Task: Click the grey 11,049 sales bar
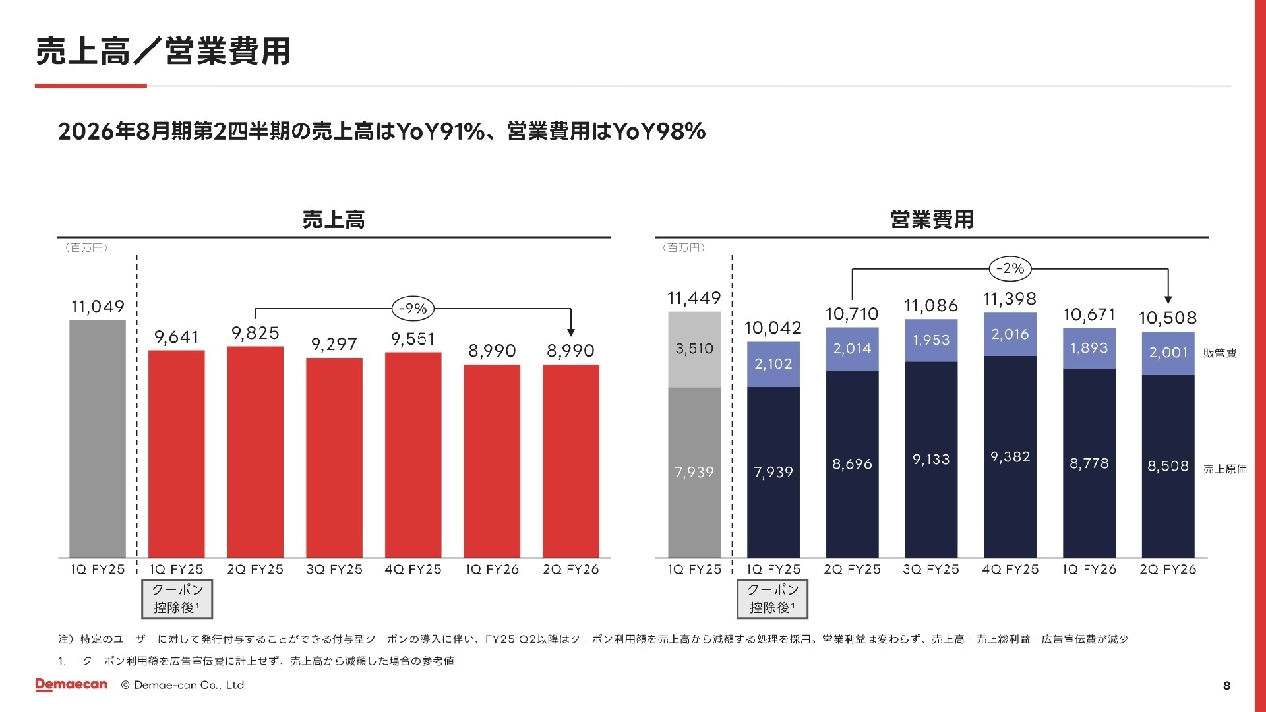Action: click(98, 438)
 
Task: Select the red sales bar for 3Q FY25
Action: click(334, 458)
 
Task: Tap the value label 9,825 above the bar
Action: click(255, 333)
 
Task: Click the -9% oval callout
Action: click(413, 309)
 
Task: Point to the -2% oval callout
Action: click(1010, 268)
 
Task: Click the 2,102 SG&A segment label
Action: click(773, 364)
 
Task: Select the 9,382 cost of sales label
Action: click(1010, 457)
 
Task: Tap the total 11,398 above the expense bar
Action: click(1010, 299)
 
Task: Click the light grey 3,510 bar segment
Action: click(694, 349)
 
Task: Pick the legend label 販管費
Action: click(1219, 353)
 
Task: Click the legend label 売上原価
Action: click(1224, 469)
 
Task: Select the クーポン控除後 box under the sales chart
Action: click(177, 599)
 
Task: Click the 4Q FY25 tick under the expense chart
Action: click(1010, 570)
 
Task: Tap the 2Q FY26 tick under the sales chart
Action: click(570, 570)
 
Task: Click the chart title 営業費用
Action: click(931, 220)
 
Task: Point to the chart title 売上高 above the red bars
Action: click(334, 220)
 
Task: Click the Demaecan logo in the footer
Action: click(71, 685)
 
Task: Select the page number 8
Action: click(1226, 686)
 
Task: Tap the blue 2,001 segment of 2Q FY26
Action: click(1168, 353)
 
